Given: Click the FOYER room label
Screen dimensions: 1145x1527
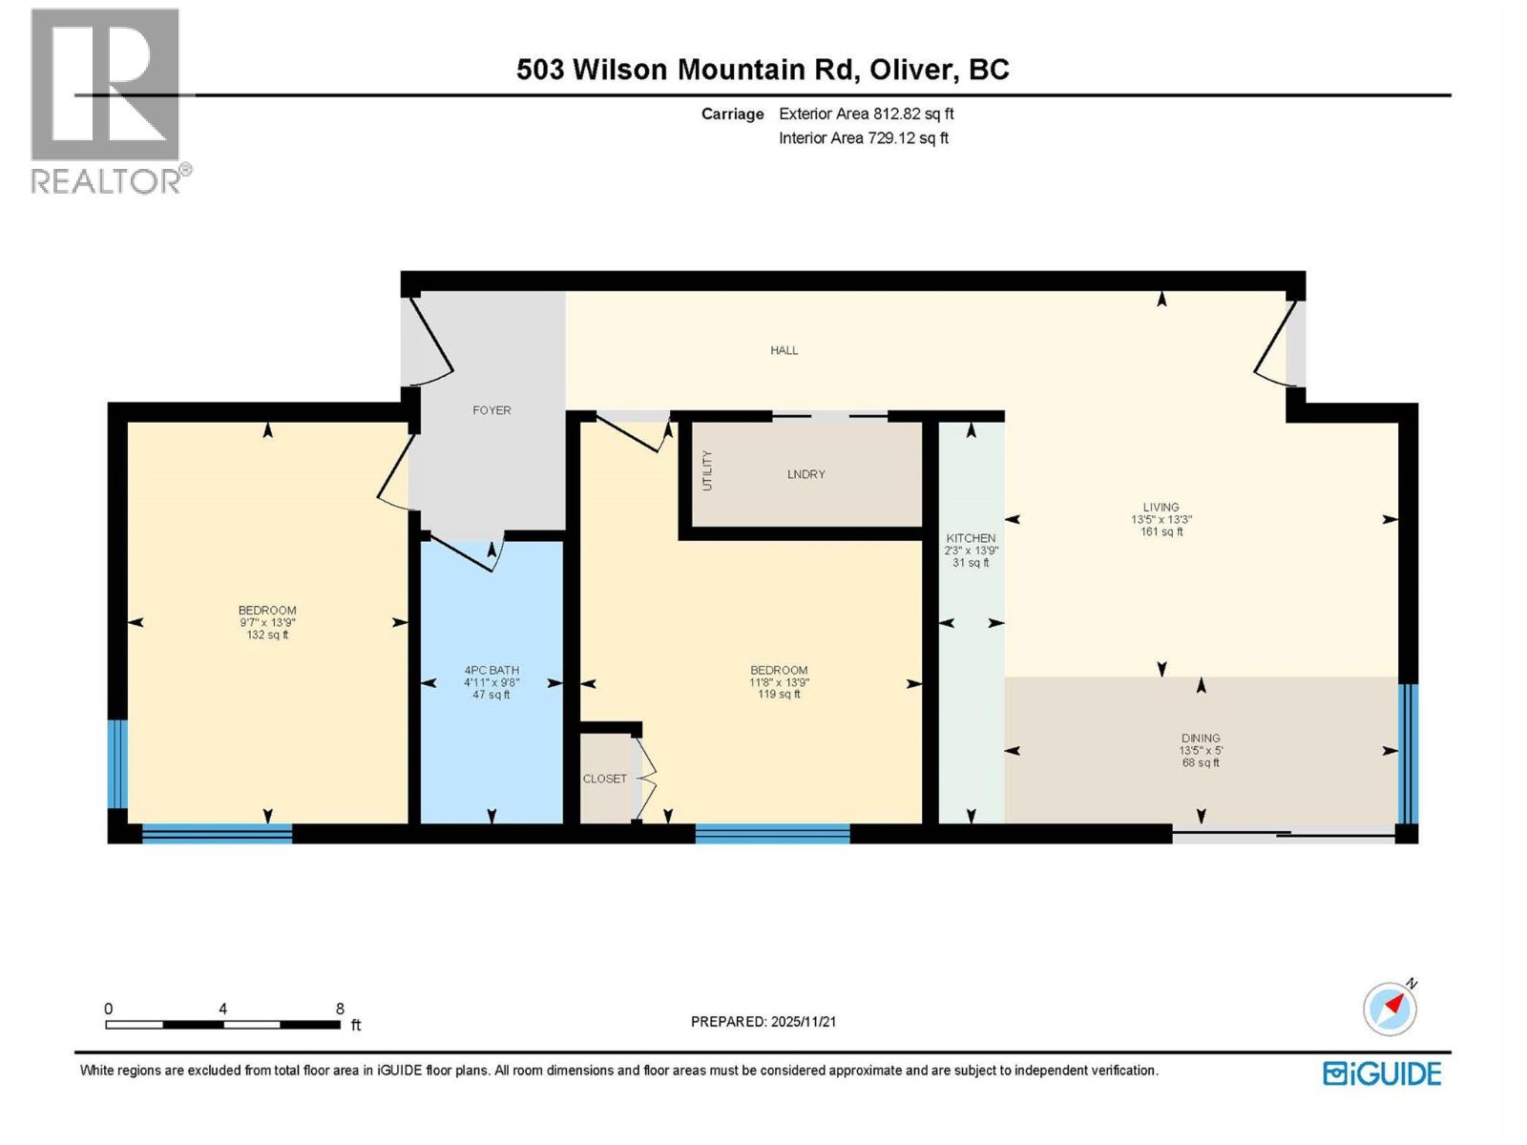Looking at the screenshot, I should point(492,410).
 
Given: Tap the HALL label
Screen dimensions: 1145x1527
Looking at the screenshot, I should point(784,350).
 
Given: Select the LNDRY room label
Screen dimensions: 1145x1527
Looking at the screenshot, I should point(805,474).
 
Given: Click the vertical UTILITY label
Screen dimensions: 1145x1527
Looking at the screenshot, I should point(707,471).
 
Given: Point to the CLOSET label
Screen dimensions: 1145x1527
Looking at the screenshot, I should point(605,779).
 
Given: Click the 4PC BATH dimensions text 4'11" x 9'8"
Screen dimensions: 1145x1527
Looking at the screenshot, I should point(492,682).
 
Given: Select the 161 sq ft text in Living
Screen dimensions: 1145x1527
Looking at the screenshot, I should point(1161,531).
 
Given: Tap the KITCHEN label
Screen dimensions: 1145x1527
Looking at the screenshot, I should point(971,538).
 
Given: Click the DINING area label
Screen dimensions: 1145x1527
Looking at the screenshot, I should point(1201,738).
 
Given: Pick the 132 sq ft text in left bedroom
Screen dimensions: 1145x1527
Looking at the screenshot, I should point(267,635).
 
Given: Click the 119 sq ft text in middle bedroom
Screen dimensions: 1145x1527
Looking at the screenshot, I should point(779,695).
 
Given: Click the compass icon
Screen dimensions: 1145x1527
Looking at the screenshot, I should point(1390,1009).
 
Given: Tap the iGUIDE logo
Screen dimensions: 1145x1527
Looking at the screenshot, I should point(1382,1073).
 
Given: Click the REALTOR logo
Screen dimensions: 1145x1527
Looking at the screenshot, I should point(107,100).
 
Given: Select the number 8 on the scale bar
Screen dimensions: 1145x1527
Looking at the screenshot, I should point(340,1009).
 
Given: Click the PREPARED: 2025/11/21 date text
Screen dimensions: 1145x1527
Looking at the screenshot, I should point(763,1021).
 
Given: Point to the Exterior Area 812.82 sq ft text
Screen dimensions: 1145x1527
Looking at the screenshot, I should point(866,114).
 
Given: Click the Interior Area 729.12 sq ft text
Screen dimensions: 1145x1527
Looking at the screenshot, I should point(863,137).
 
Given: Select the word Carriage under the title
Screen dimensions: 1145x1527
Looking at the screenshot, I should point(732,114).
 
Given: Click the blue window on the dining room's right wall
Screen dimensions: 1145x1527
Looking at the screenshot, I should point(1407,754).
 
